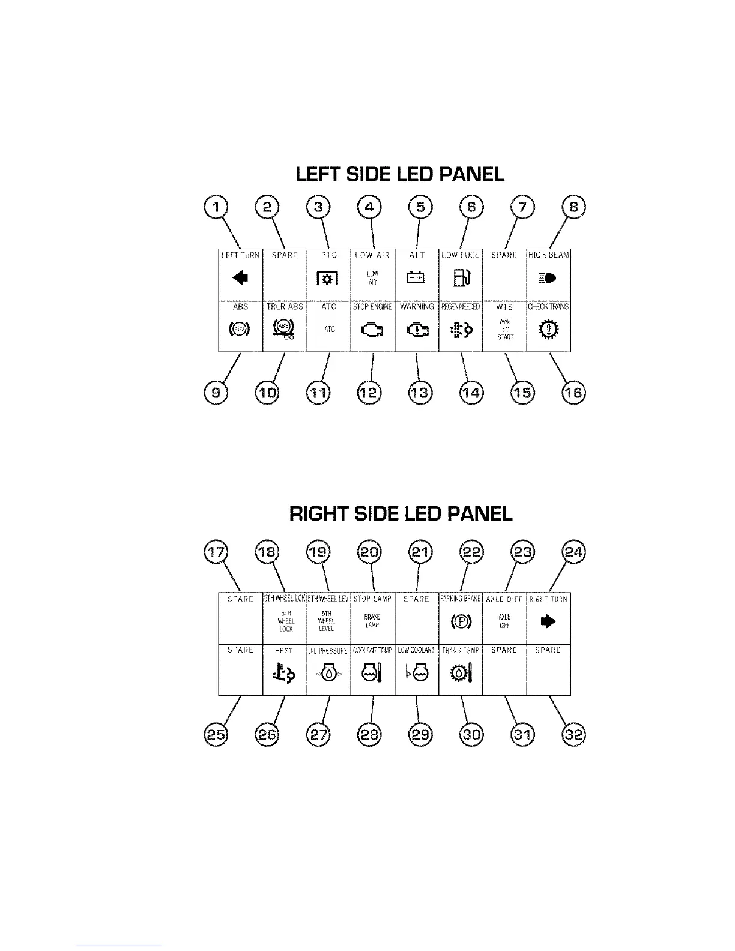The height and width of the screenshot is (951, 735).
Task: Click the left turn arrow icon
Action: [240, 277]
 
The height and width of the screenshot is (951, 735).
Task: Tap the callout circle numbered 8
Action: [573, 208]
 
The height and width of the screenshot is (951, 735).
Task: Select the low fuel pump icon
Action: [461, 278]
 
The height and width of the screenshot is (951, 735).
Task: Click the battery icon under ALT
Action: [416, 277]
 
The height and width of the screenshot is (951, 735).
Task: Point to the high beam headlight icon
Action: [548, 278]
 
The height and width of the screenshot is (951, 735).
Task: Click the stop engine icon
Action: [372, 330]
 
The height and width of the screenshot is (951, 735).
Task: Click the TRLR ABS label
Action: [285, 307]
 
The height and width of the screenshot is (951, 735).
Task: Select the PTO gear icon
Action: [328, 278]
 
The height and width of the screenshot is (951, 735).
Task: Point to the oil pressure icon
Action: [328, 674]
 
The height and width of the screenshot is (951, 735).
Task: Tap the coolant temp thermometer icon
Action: [372, 674]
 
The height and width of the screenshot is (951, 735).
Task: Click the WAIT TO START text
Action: [505, 330]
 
